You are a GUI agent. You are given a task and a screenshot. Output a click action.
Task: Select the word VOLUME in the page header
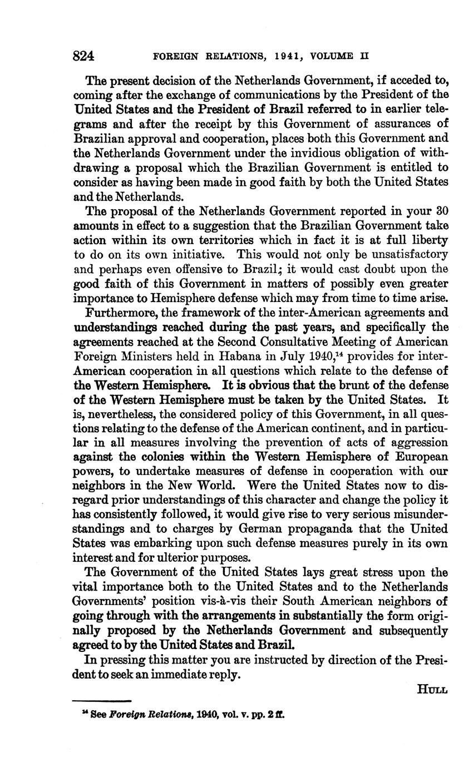(333, 57)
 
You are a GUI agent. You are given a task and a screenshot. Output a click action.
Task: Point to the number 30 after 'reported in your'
(442, 211)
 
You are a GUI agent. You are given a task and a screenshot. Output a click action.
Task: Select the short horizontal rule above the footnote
(102, 701)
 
